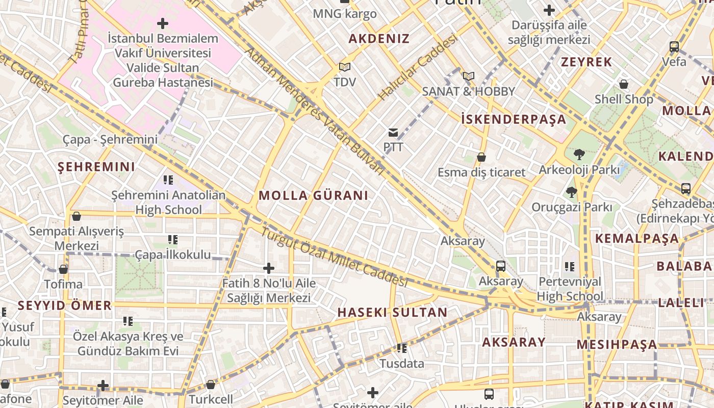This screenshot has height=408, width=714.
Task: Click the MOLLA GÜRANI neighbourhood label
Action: [x=313, y=195]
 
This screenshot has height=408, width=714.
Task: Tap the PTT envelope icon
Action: [x=393, y=133]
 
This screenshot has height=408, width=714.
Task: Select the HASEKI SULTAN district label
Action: [x=392, y=313]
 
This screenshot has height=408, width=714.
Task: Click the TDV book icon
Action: [x=345, y=67]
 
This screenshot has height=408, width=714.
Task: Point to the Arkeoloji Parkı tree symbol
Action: [x=579, y=154]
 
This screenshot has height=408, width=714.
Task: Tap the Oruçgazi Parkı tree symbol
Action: [x=571, y=192]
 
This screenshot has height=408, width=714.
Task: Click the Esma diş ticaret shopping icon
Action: [x=481, y=157]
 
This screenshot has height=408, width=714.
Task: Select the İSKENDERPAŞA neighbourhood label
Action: [x=514, y=119]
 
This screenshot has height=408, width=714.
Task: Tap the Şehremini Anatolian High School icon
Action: [x=168, y=180]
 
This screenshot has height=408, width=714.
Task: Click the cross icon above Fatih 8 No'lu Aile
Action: [x=269, y=268]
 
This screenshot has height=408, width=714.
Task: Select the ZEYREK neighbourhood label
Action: [x=586, y=62]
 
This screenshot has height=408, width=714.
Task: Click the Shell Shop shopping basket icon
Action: [x=623, y=84]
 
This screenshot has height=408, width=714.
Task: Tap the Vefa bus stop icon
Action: [x=674, y=47]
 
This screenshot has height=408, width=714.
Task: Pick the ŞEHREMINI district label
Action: [x=96, y=167]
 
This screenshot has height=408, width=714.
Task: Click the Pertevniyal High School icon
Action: [x=570, y=266]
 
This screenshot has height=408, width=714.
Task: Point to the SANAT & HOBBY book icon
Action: [x=468, y=76]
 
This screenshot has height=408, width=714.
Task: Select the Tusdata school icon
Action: [x=402, y=348]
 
